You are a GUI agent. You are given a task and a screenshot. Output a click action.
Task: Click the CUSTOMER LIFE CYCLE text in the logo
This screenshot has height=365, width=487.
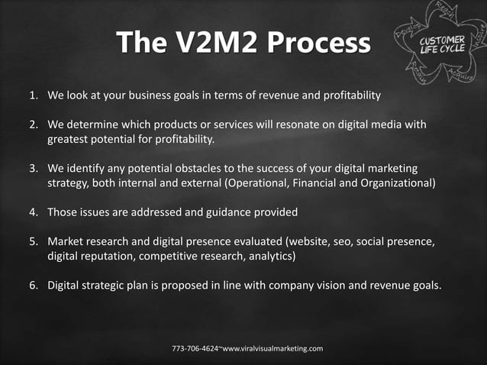tap(442, 45)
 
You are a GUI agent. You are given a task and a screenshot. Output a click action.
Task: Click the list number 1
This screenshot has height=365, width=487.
tap(33, 97)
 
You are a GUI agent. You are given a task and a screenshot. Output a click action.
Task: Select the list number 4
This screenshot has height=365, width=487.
tap(33, 212)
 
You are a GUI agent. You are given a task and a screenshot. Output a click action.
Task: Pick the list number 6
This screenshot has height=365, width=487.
tap(33, 286)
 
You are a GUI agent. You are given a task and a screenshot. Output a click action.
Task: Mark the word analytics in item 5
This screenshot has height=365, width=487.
tap(272, 256)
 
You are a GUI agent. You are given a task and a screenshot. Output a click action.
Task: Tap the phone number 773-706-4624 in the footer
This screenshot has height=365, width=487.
tap(196, 348)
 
